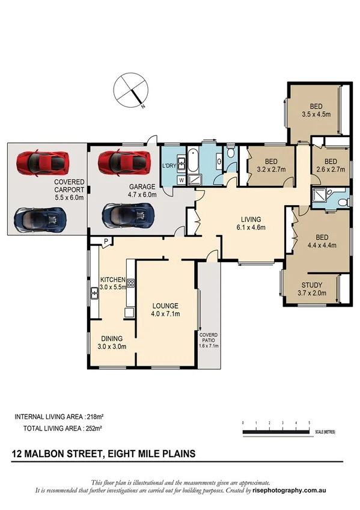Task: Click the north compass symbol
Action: [x=130, y=91]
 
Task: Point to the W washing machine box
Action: [x=180, y=180]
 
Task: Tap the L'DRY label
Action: [x=169, y=165]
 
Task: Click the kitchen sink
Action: [x=94, y=294]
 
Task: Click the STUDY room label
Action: [x=311, y=285]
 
